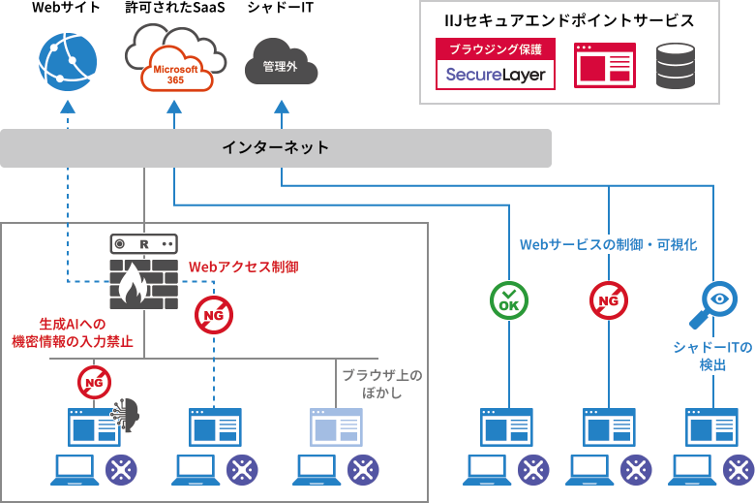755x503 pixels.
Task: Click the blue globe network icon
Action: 68,61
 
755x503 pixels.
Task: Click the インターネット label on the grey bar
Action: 275,147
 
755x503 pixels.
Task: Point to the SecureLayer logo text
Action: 496,75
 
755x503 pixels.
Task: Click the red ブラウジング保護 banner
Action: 496,48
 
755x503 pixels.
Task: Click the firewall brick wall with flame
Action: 143,282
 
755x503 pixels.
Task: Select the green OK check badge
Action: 508,300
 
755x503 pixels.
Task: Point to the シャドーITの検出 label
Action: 712,355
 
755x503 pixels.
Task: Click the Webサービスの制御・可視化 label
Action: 608,244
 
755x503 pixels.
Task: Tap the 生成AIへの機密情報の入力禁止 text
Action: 73,332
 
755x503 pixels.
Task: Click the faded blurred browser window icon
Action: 335,425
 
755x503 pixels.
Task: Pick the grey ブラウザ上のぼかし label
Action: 381,383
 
